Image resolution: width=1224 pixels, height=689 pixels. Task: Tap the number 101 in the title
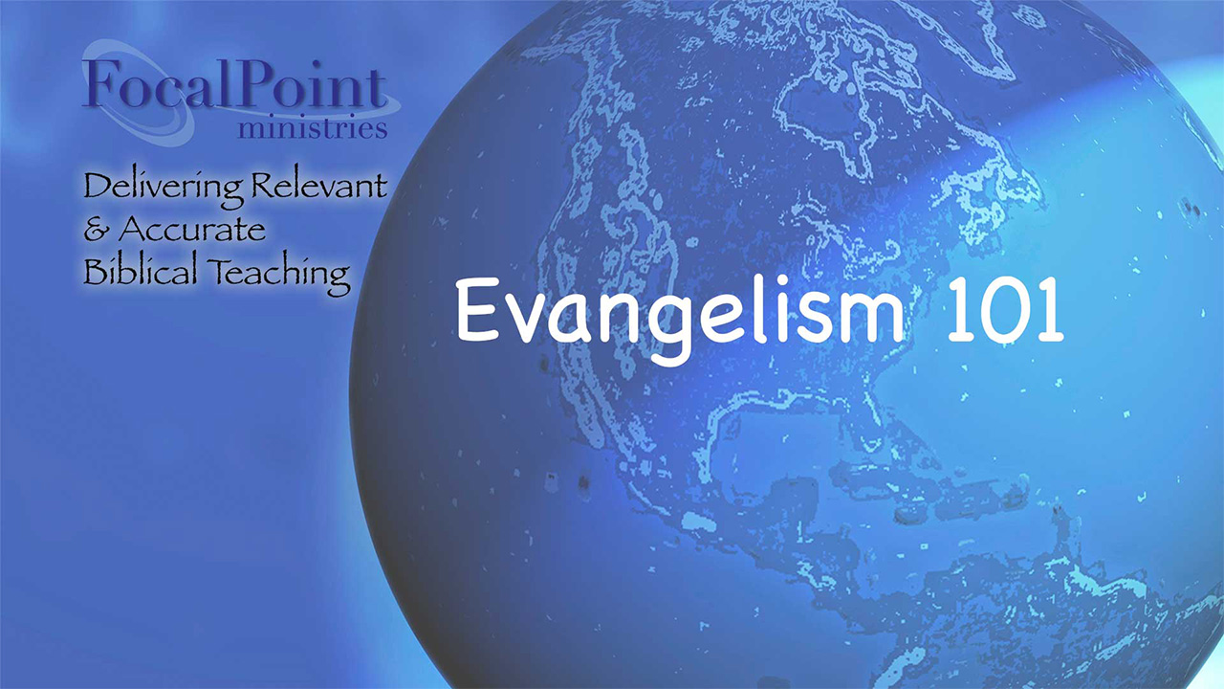click(x=1006, y=310)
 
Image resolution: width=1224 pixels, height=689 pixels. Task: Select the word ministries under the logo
click(x=313, y=128)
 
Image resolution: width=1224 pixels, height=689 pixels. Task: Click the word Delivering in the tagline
click(x=163, y=189)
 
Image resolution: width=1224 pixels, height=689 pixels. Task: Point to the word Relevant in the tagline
click(x=319, y=185)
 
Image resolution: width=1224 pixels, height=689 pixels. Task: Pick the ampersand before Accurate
click(x=97, y=230)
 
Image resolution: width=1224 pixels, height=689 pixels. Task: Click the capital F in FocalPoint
click(x=99, y=82)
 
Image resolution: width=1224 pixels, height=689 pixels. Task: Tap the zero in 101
click(x=1006, y=311)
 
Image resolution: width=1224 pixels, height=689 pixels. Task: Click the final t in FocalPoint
click(x=377, y=88)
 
